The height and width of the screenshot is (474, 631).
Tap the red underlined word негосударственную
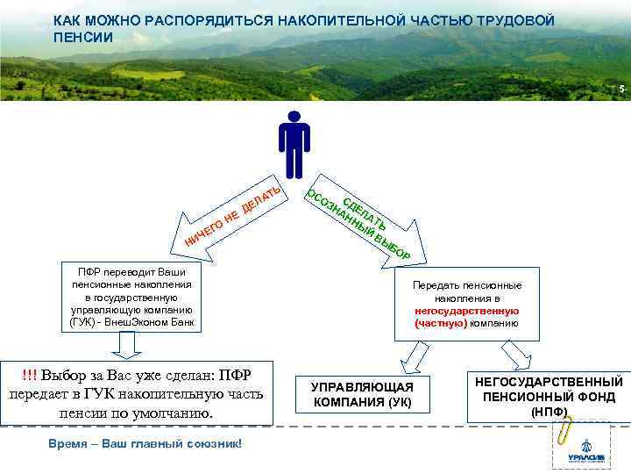click(467, 311)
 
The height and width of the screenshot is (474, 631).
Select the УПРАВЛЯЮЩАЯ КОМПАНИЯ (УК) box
click(362, 396)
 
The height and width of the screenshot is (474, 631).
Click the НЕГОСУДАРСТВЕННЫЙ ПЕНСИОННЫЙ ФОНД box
click(549, 395)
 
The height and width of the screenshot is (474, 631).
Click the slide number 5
click(620, 90)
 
